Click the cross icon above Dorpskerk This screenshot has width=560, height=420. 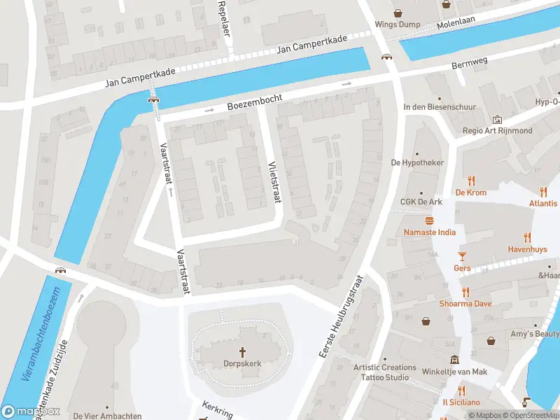(243, 351)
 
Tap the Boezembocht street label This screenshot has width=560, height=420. (254, 104)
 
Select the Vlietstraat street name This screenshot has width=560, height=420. (274, 183)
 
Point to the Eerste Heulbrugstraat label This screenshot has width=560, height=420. (343, 317)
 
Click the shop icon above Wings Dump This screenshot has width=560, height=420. (398, 13)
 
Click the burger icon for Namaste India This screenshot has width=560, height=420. (429, 220)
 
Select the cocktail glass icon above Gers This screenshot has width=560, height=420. (462, 255)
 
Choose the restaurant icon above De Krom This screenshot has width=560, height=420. (471, 180)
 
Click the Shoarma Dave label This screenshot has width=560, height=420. (465, 304)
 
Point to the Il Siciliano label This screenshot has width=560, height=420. (461, 402)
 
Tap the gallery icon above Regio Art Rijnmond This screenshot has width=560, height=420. (498, 120)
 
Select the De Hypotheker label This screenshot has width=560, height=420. (417, 162)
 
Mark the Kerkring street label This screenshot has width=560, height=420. (216, 408)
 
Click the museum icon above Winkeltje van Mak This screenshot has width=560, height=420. (454, 360)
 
